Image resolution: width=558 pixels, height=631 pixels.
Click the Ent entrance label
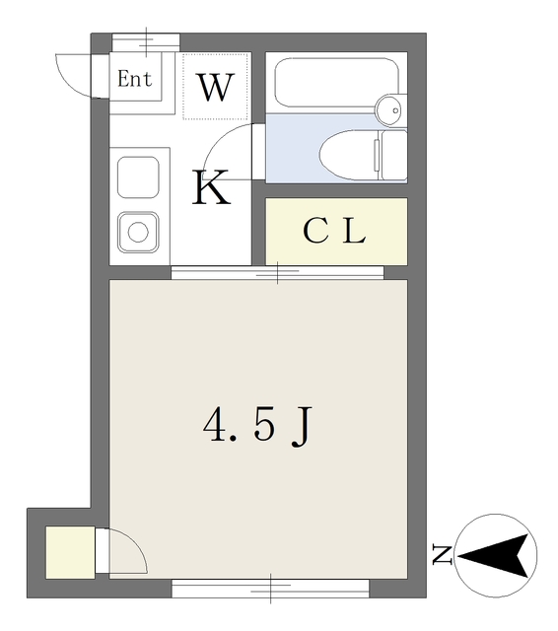135,80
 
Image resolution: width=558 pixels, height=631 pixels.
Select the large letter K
211,187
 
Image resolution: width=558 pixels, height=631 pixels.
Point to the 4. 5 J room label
258,426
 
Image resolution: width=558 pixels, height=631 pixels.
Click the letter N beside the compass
441,556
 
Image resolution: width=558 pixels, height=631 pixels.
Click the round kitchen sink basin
137,233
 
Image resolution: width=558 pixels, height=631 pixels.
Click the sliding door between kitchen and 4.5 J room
277,272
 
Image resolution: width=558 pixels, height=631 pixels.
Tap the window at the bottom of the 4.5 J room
271,589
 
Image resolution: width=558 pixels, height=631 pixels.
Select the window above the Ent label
145,41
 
